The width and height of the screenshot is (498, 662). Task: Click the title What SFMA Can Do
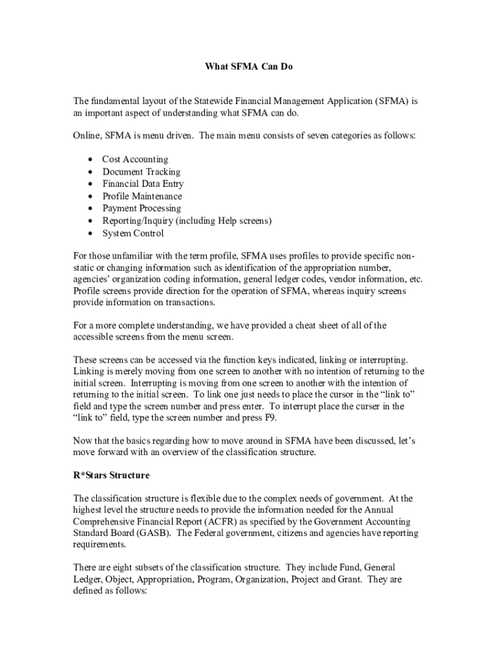pyautogui.click(x=249, y=66)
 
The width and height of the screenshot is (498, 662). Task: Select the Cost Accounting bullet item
pyautogui.click(x=135, y=159)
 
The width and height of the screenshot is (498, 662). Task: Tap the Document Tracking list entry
pyautogui.click(x=141, y=171)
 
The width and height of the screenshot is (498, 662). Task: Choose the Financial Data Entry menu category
pyautogui.click(x=143, y=184)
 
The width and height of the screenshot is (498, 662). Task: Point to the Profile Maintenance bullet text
pyautogui.click(x=142, y=196)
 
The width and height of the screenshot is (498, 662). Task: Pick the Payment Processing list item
pyautogui.click(x=141, y=208)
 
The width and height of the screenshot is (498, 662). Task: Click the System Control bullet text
pyautogui.click(x=133, y=233)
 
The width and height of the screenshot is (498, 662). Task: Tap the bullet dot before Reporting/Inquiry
pyautogui.click(x=88, y=221)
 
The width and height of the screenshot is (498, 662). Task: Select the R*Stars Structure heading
pyautogui.click(x=111, y=475)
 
